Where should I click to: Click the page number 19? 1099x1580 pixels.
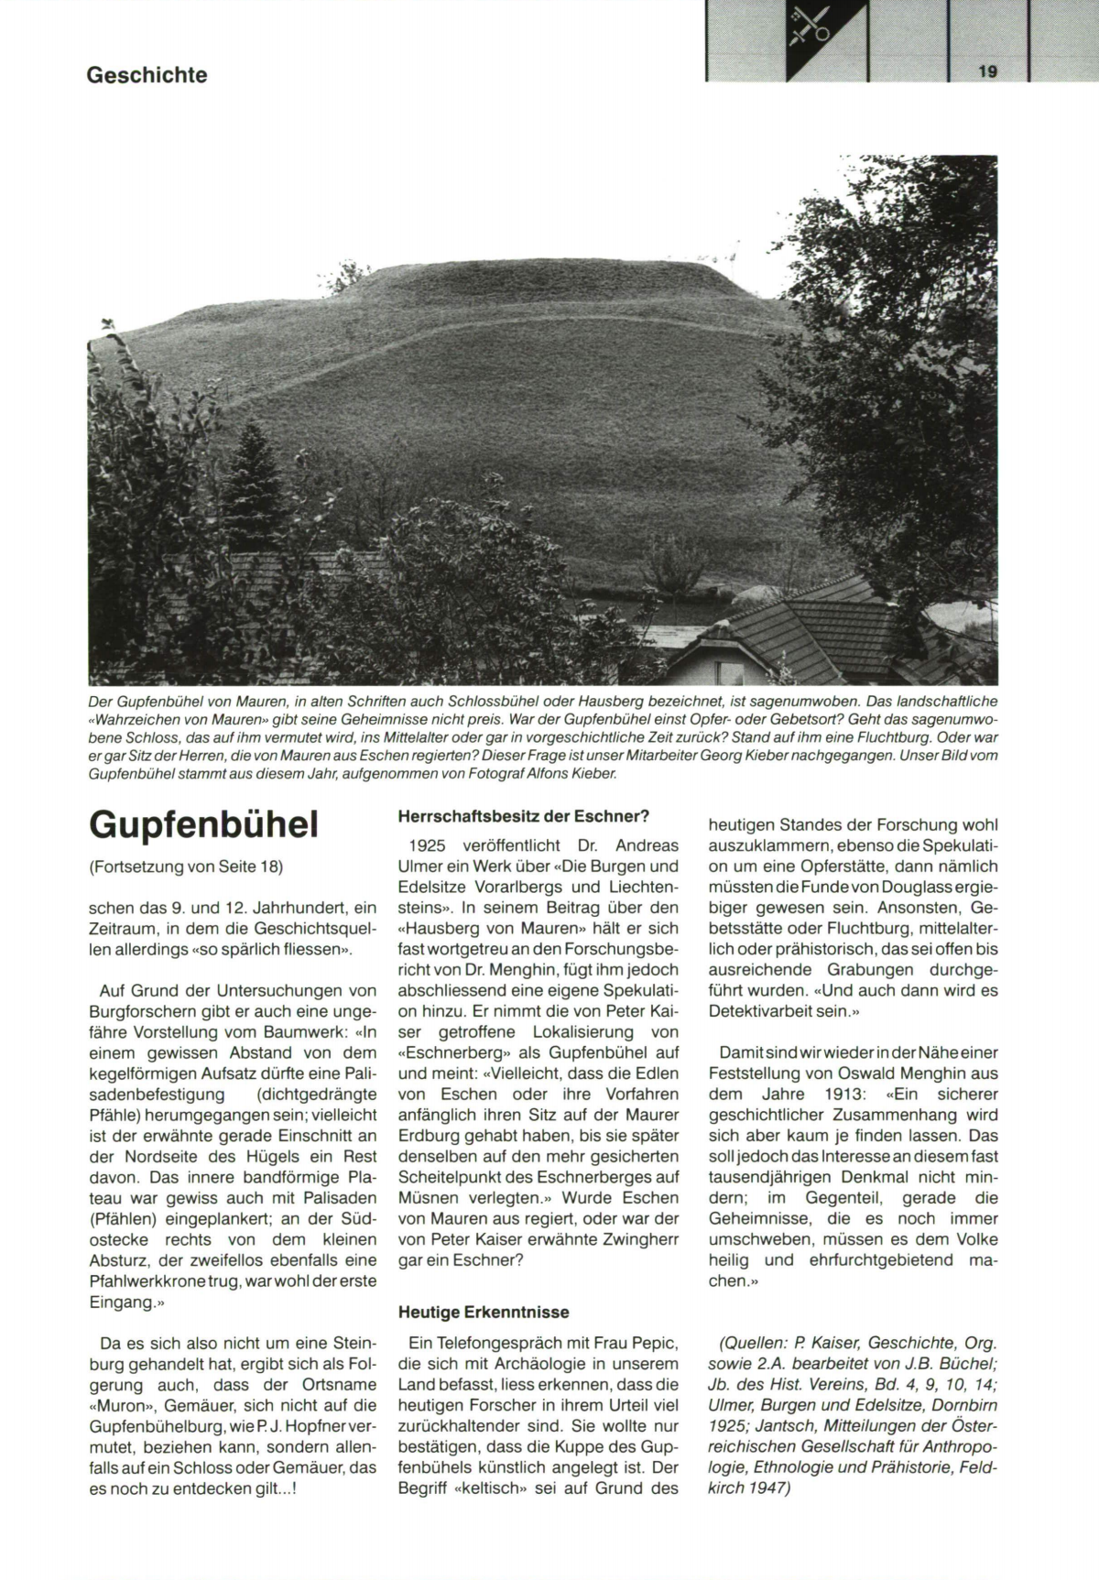pos(986,71)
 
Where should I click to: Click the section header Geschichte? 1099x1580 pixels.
pos(147,75)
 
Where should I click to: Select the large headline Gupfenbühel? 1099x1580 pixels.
pos(203,824)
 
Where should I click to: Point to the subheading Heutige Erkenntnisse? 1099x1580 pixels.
pos(484,1312)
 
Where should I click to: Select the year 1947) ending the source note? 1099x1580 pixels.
pos(768,1488)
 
